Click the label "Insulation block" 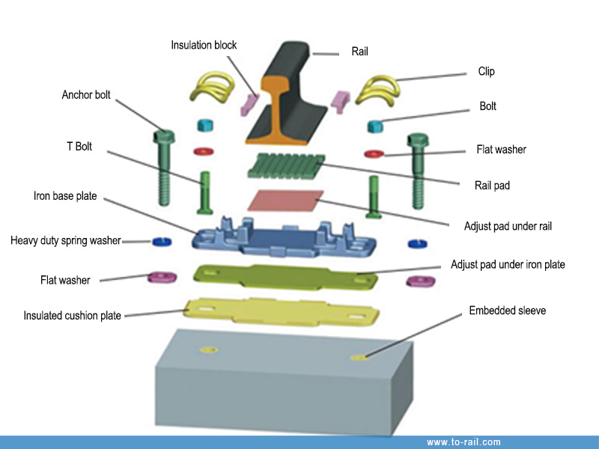point(204,45)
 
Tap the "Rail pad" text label point(492,185)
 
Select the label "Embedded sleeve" point(507,310)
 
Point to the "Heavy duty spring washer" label point(66,241)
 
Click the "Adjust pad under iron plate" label point(508,264)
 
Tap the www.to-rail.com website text point(463,442)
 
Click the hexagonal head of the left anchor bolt point(164,138)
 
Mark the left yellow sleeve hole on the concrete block point(207,349)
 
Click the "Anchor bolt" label point(86,95)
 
